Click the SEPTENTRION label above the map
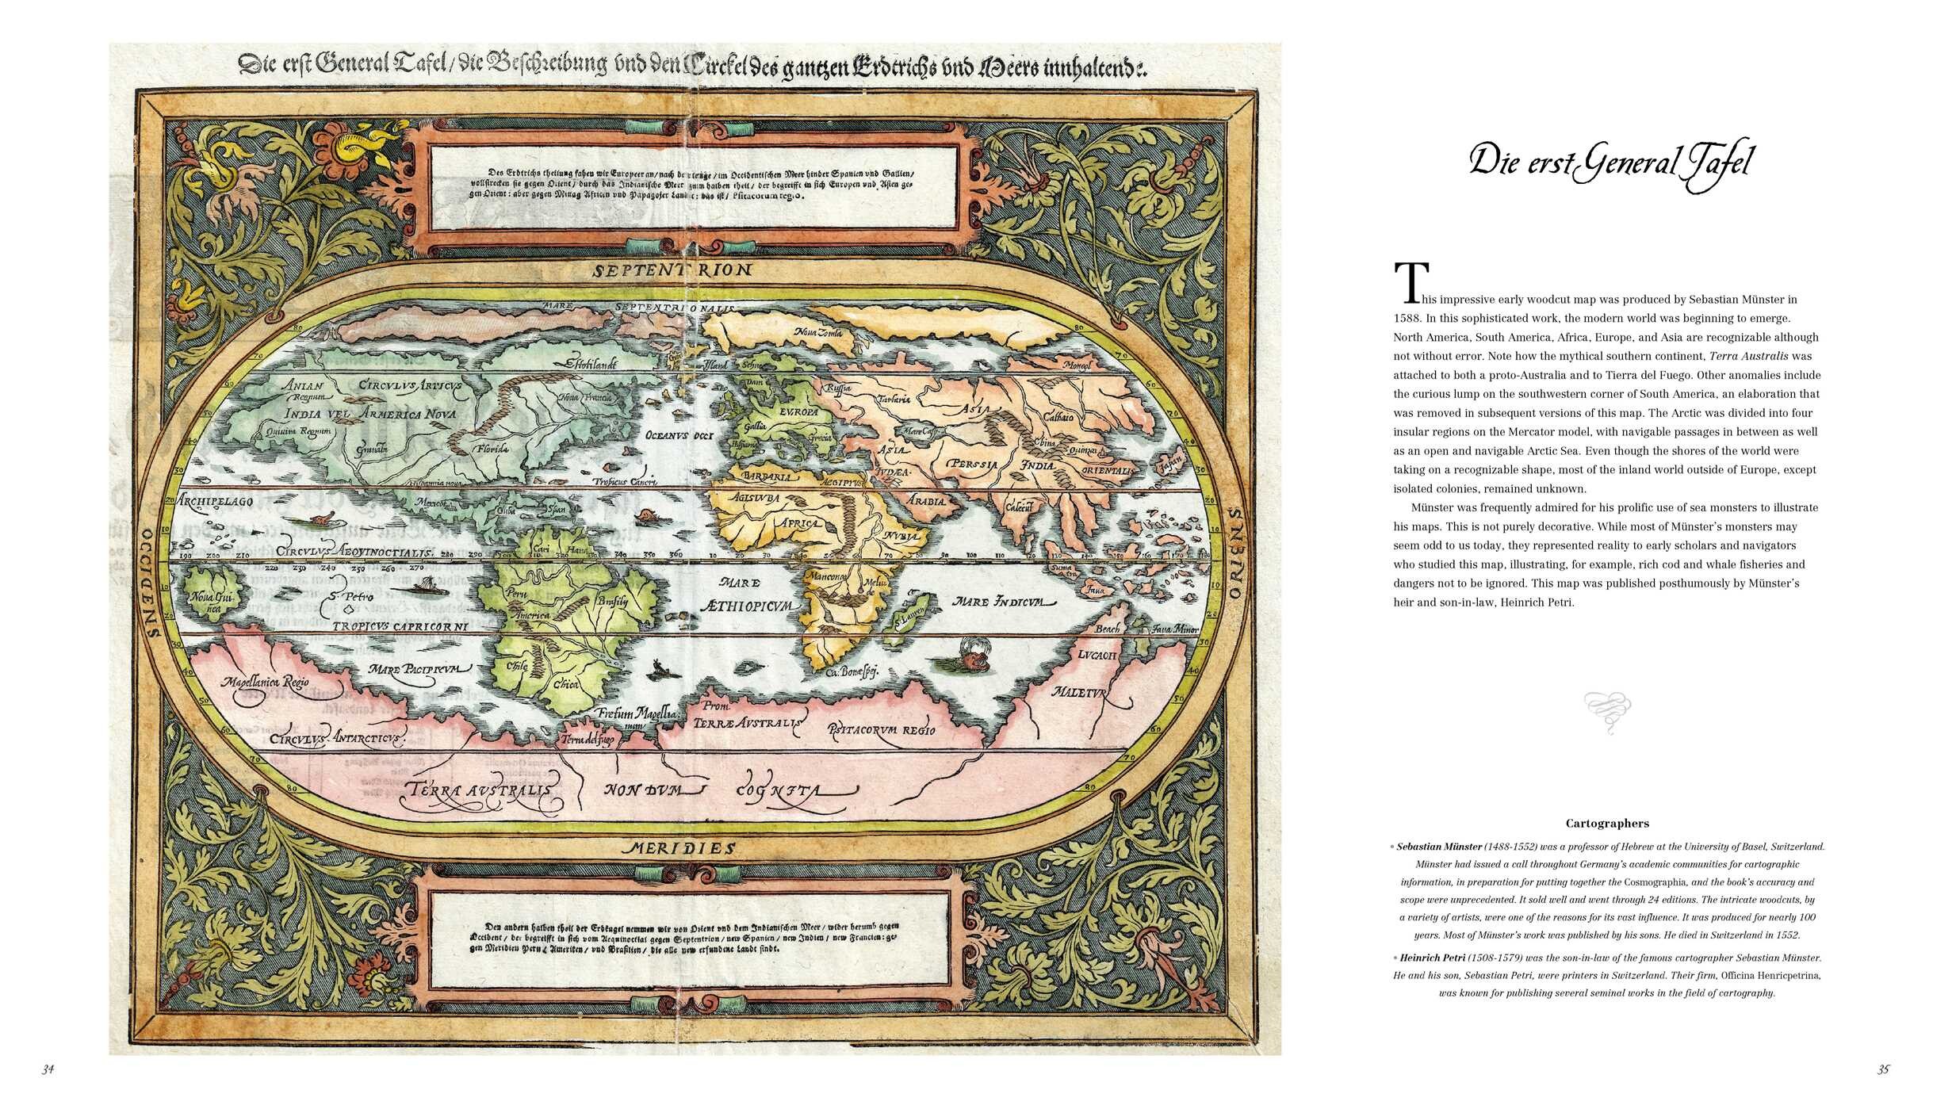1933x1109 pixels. pos(672,270)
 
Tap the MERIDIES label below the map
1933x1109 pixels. pos(681,847)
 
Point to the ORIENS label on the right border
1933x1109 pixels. pos(1234,554)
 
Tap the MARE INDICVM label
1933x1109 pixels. pos(1005,602)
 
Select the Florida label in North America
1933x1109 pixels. pos(492,449)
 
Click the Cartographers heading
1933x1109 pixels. pos(1607,824)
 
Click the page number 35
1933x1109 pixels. pos(1883,1069)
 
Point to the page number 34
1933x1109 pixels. pos(48,1069)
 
